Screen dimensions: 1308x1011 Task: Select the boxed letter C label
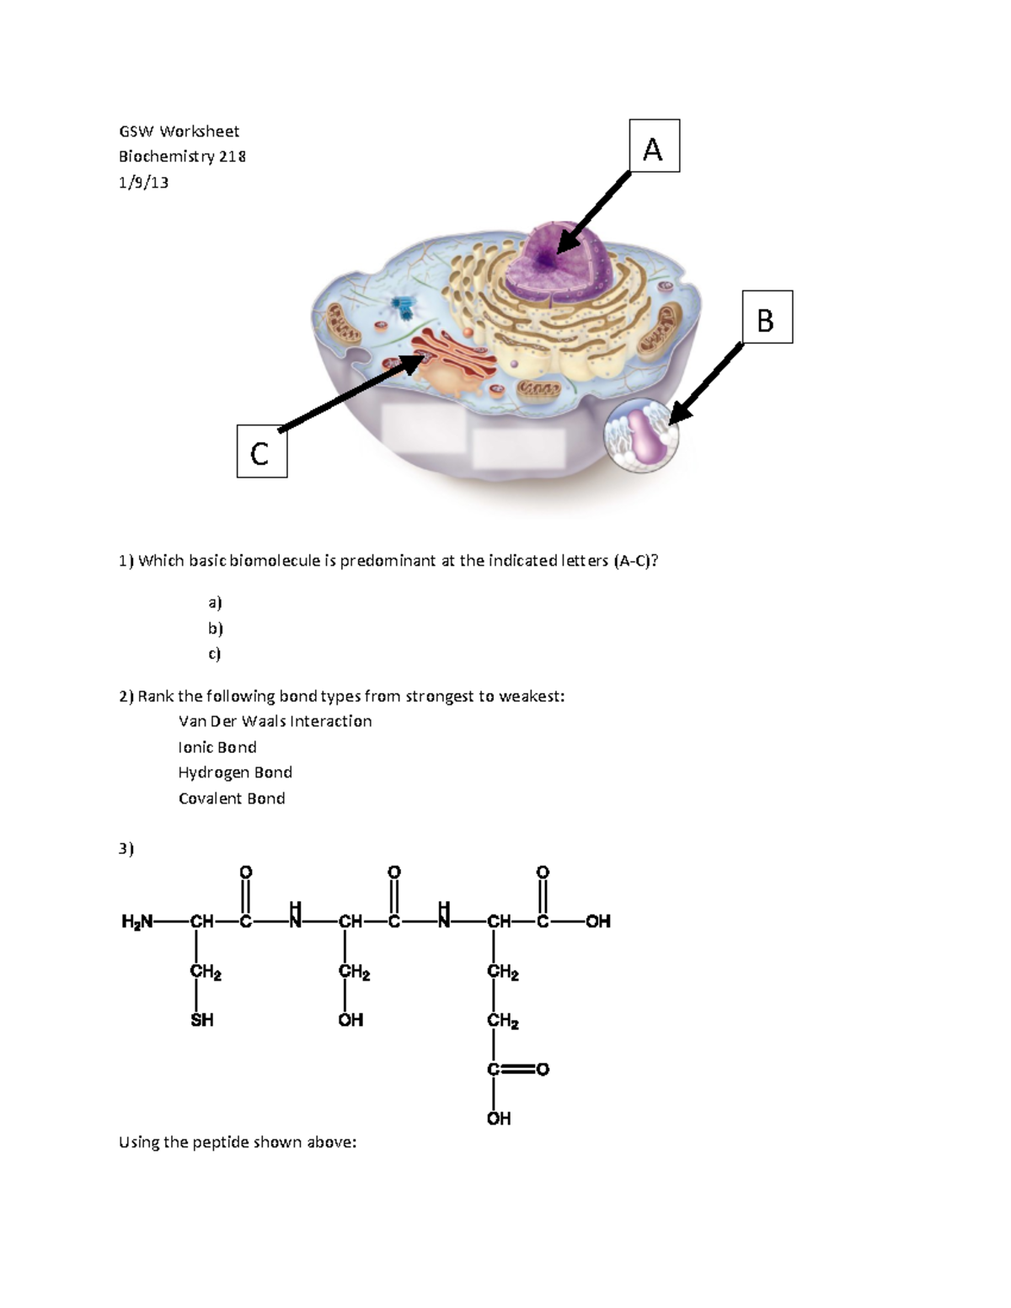point(261,452)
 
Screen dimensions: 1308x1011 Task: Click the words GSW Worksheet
point(179,131)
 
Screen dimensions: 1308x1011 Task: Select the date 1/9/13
point(143,183)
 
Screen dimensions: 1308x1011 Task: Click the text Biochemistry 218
point(182,157)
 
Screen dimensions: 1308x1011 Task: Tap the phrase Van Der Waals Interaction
point(275,722)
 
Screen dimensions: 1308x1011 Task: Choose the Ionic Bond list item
point(217,748)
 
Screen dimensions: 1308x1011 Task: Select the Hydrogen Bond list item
point(235,773)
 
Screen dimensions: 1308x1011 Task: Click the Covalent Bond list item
point(232,799)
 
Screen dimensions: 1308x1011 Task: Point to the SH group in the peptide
point(202,1021)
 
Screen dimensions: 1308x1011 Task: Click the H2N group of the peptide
point(136,922)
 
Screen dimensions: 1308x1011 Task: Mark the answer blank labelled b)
point(216,628)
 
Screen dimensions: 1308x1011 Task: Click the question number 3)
point(126,849)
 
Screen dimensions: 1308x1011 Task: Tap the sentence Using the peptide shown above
point(238,1143)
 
